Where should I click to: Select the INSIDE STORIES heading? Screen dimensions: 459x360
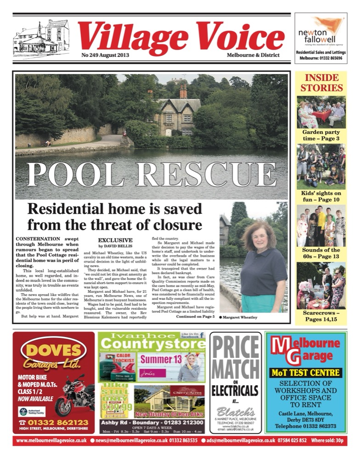tap(321, 83)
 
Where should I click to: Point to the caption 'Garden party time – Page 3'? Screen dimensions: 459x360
tap(321, 135)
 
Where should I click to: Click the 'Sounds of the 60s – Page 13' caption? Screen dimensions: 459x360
tap(321, 253)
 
